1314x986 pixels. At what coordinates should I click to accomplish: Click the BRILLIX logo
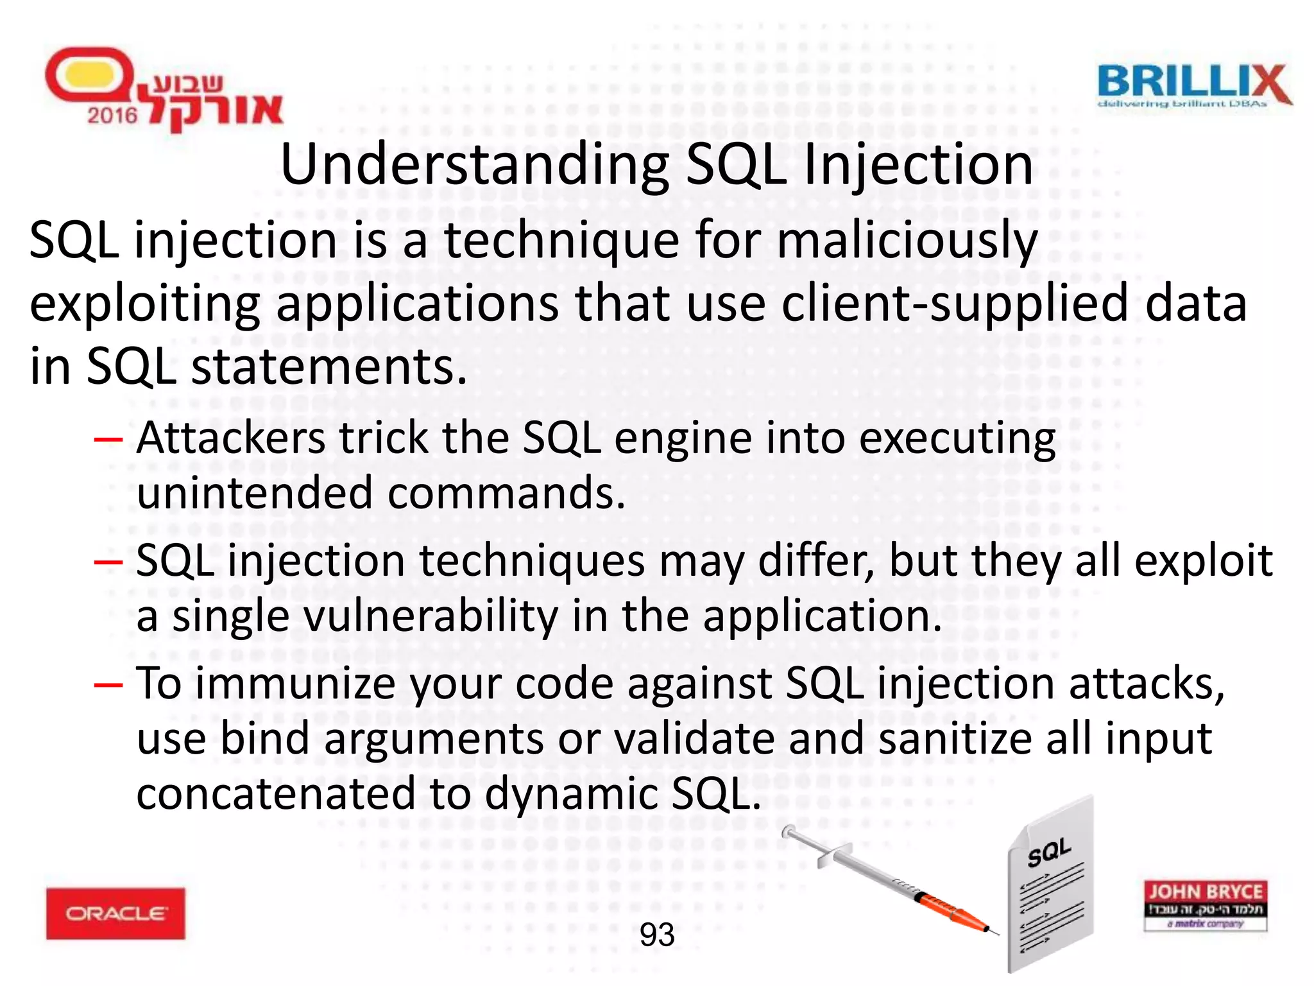[x=1193, y=86]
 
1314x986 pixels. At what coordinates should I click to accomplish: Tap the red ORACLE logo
[x=115, y=913]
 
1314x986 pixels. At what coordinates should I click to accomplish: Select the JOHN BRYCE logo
[x=1205, y=905]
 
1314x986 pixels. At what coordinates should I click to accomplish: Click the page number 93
[x=657, y=935]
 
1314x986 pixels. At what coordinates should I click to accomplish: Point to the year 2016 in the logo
[x=112, y=116]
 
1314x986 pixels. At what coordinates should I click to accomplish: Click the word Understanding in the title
[x=475, y=166]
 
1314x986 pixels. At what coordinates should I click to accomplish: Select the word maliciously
[x=907, y=241]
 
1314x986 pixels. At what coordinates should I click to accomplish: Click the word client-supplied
[x=955, y=303]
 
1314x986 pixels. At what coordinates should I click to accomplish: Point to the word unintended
[x=255, y=493]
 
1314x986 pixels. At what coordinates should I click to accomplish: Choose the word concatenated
[x=276, y=793]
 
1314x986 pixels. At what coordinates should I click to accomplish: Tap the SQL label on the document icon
[x=1049, y=852]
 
